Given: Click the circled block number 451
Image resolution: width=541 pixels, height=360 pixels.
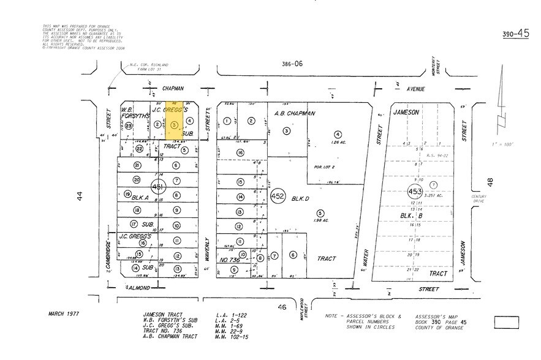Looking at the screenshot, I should tap(157, 187).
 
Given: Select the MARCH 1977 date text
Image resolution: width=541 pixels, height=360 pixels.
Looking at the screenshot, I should tap(66, 313).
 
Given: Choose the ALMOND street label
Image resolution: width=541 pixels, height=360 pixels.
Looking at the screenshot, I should tap(138, 287).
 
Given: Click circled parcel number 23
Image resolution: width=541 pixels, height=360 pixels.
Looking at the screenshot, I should tap(129, 125).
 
